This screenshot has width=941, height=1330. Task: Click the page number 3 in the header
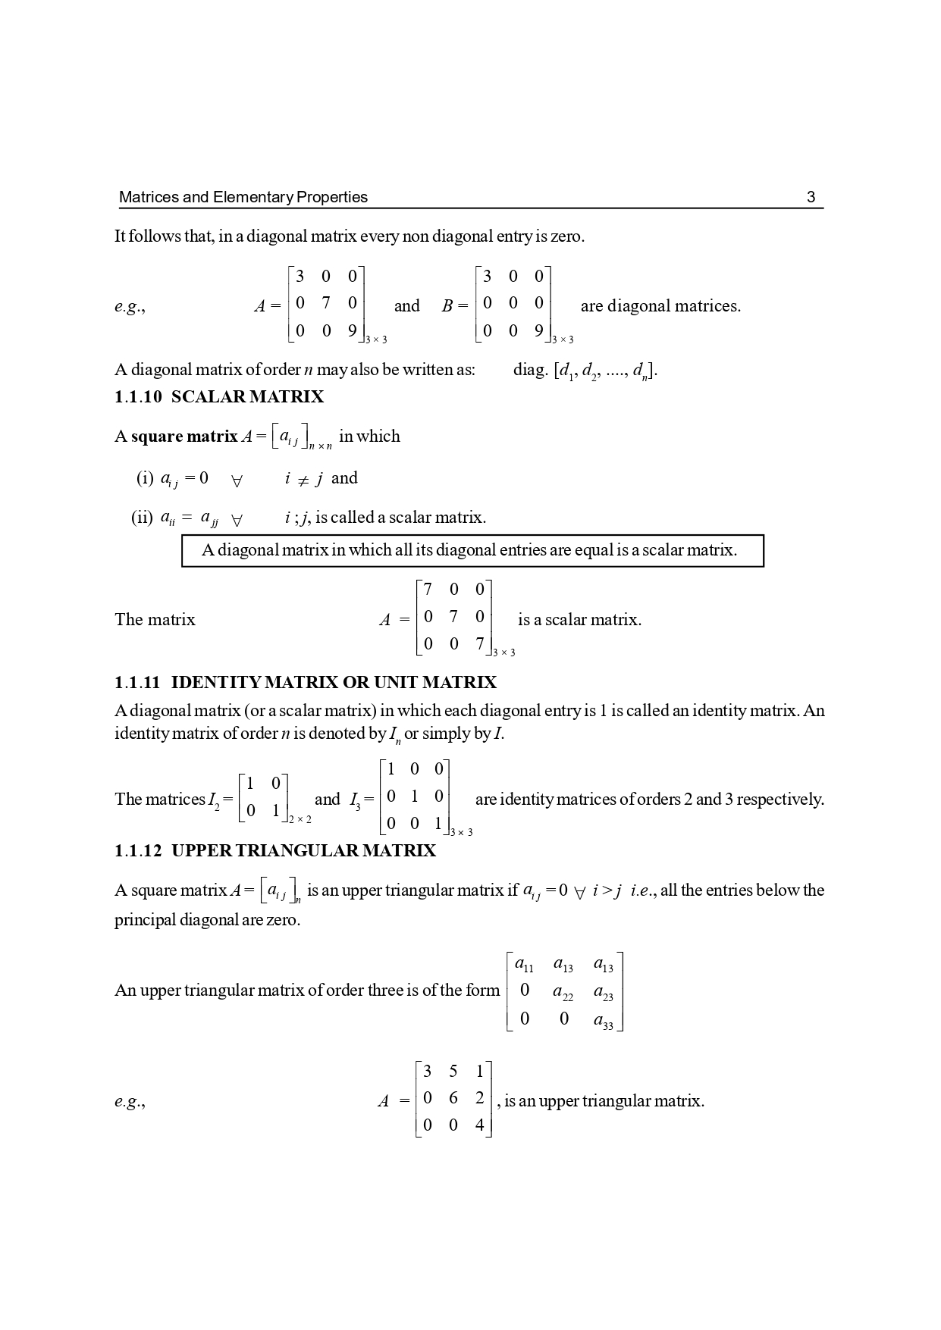811,198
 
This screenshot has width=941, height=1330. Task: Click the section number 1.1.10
138,397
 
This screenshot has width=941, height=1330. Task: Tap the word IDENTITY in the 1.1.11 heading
216,683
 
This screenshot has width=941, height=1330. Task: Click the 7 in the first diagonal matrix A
326,303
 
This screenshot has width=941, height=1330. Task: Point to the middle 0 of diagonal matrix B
513,303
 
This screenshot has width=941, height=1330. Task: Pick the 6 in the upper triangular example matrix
453,1098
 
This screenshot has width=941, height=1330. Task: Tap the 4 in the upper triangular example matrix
479,1125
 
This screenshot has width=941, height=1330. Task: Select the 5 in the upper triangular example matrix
453,1071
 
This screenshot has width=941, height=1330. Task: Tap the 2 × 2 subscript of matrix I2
300,819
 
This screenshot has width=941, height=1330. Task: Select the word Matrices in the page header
149,198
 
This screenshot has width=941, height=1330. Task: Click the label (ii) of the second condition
142,518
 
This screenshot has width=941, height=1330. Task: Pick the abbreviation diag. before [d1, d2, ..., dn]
530,371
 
